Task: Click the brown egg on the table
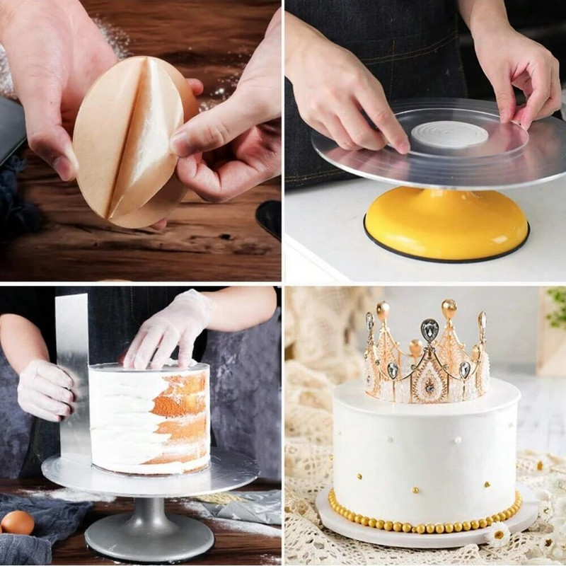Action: click(17, 523)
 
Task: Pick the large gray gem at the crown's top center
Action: click(429, 330)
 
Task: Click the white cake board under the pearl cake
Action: click(424, 524)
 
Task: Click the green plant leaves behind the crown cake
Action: click(557, 304)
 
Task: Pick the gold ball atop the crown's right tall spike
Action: click(449, 307)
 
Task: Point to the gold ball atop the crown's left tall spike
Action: click(383, 309)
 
